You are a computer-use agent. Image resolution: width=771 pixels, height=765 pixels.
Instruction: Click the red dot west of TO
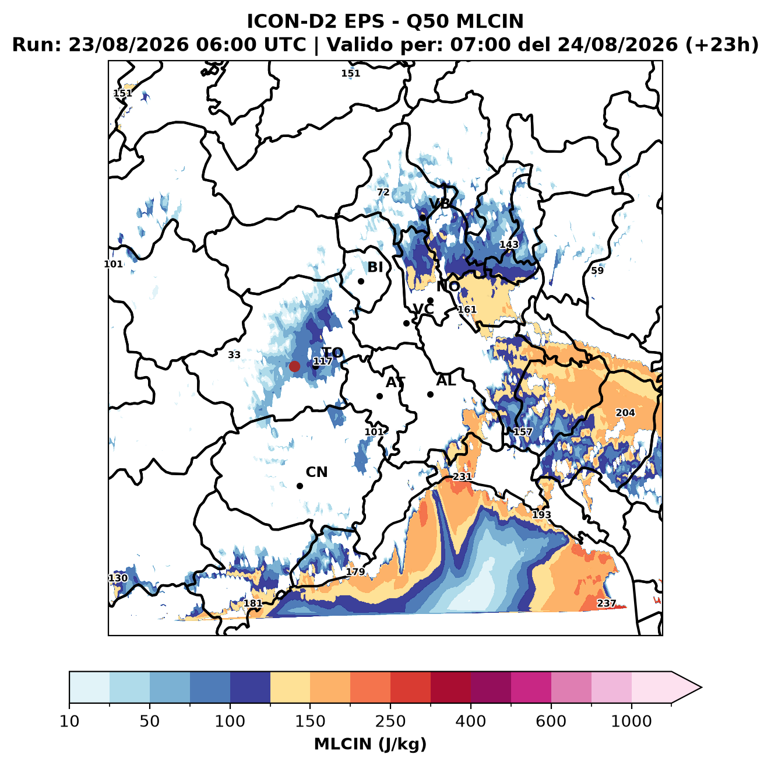click(x=294, y=366)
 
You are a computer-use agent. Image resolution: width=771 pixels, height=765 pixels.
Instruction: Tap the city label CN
click(x=316, y=472)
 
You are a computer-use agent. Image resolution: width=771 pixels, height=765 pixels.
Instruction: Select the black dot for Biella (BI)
click(x=361, y=281)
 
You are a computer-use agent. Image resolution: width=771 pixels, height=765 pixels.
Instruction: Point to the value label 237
click(x=606, y=603)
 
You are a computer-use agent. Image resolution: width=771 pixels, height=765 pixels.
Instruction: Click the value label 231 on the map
click(x=462, y=476)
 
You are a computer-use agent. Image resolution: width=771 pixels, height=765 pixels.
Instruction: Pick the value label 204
click(x=625, y=412)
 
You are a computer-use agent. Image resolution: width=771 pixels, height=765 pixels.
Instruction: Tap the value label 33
click(x=234, y=355)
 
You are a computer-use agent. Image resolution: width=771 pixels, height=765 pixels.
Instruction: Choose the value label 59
click(x=597, y=271)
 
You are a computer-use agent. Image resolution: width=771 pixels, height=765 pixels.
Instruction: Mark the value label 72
click(x=383, y=192)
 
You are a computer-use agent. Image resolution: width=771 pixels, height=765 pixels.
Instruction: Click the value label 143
click(x=509, y=244)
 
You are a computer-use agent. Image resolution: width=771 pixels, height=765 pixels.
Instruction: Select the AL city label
click(x=446, y=380)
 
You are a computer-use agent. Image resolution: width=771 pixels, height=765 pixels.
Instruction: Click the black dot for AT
click(x=379, y=396)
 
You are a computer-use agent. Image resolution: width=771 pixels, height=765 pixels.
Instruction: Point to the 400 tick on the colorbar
click(x=470, y=703)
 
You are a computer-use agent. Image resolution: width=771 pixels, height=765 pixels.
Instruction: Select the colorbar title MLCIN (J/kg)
click(x=370, y=744)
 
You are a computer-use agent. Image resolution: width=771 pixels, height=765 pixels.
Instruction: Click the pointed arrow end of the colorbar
click(x=701, y=687)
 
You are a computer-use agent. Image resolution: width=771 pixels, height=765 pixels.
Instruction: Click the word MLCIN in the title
click(x=490, y=21)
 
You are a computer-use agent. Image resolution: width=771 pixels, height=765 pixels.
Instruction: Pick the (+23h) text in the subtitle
click(x=721, y=45)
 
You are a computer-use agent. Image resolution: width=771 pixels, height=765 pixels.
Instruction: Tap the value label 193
click(x=541, y=514)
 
